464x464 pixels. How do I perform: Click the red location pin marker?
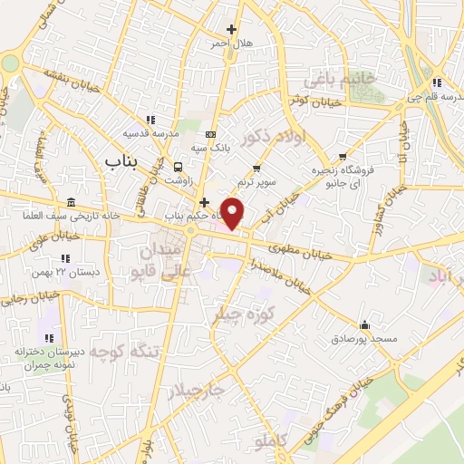(234, 212)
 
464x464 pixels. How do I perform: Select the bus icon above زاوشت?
(179, 167)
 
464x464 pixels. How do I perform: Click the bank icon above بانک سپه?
(211, 134)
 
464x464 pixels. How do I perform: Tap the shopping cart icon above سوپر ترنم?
(257, 167)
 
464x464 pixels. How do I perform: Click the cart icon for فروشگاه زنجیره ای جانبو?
(342, 156)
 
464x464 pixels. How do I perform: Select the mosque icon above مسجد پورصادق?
(364, 324)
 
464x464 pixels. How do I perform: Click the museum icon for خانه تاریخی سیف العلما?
(72, 202)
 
